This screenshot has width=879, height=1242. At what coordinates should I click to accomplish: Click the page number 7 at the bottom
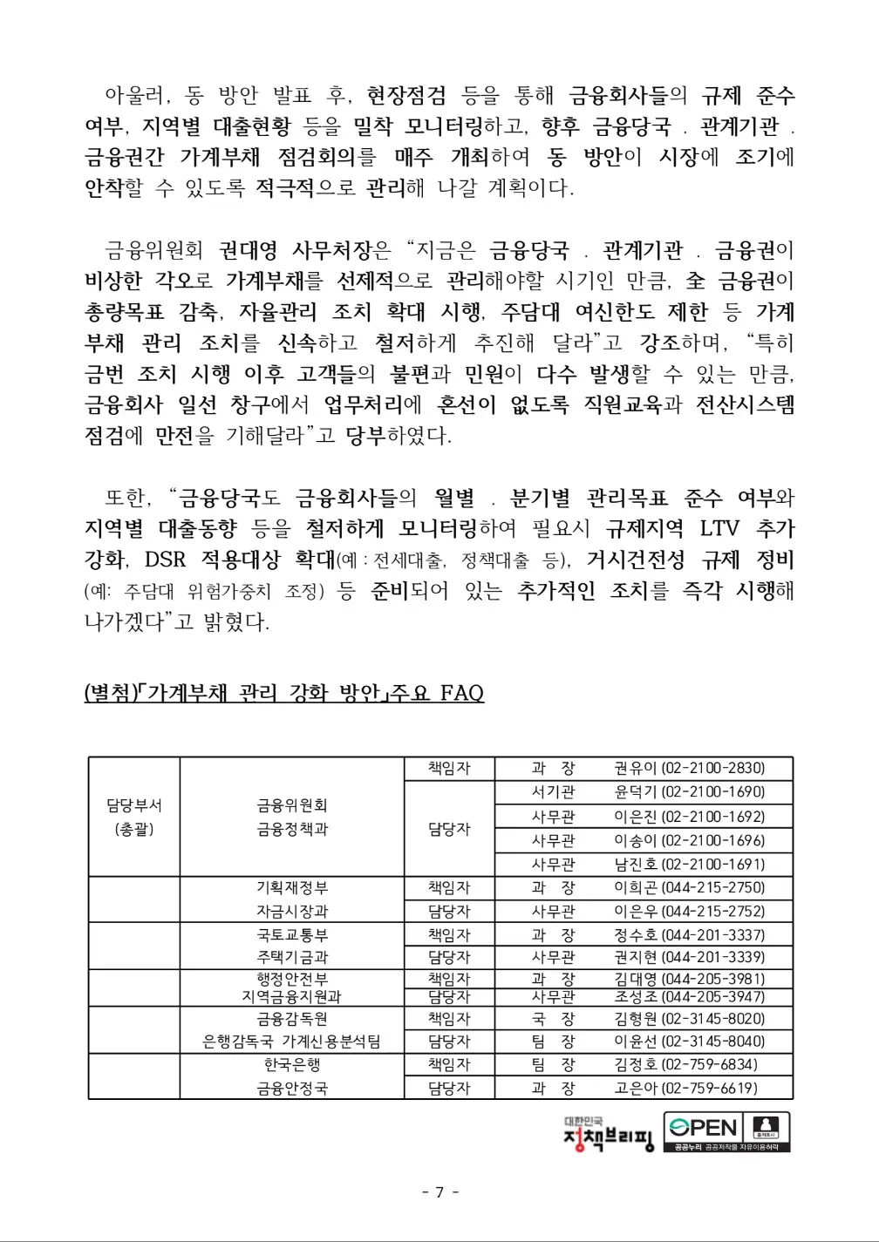click(x=439, y=1191)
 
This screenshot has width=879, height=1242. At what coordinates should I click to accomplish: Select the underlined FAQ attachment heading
click(x=284, y=693)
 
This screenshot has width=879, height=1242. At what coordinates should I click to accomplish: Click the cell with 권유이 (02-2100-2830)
click(x=689, y=768)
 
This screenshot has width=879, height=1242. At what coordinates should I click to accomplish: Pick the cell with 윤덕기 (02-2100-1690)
click(x=689, y=792)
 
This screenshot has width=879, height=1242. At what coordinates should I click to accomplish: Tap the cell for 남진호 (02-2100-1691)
click(x=689, y=864)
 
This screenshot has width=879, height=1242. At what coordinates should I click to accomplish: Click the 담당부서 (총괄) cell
click(x=133, y=817)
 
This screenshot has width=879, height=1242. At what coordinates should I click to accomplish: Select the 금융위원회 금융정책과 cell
click(x=291, y=817)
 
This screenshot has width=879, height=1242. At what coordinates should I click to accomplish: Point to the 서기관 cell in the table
click(x=553, y=792)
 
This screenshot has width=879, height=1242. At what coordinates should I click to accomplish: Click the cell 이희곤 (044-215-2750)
click(x=689, y=887)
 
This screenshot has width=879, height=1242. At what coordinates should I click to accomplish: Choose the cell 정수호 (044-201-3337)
click(x=689, y=934)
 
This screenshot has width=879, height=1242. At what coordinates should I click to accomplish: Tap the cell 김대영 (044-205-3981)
click(x=689, y=979)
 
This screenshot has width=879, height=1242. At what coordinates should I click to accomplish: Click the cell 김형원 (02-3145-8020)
click(x=689, y=1018)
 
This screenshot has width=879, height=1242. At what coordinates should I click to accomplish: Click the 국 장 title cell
click(x=553, y=1018)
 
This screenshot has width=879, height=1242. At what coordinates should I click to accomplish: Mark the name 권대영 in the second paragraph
click(x=248, y=251)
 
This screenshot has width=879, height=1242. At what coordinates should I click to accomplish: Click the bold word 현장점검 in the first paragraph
click(x=406, y=95)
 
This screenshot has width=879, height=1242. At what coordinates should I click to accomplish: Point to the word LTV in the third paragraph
click(x=719, y=528)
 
